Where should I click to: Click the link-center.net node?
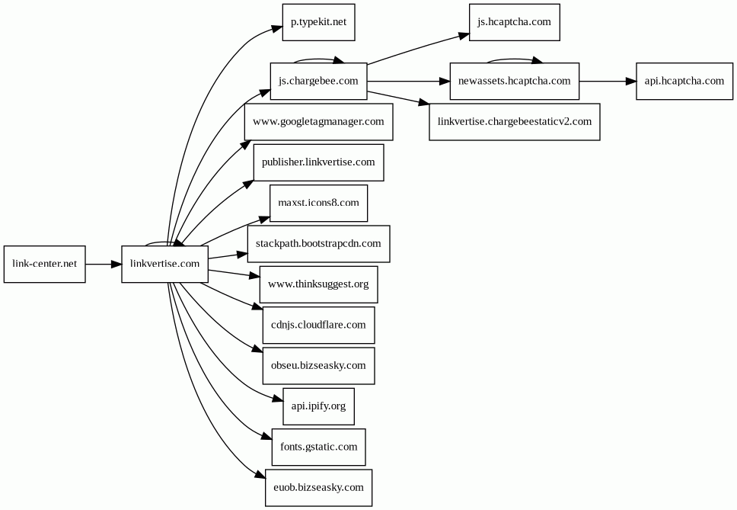(x=45, y=264)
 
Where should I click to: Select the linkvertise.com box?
(x=164, y=264)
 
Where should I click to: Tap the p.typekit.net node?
(x=319, y=22)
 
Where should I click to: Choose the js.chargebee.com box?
(x=319, y=81)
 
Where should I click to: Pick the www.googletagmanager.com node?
(x=319, y=121)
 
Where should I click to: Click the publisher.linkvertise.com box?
(x=319, y=162)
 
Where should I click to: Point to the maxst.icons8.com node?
(x=319, y=203)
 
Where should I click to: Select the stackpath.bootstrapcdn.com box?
(x=319, y=244)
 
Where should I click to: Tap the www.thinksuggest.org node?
(x=319, y=284)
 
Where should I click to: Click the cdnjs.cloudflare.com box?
(x=319, y=325)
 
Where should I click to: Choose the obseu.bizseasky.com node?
(x=319, y=366)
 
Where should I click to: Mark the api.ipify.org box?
(x=319, y=406)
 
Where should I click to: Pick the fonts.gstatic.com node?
(x=319, y=447)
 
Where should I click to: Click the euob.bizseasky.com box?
(x=319, y=488)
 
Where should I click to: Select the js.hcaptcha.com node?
(x=514, y=22)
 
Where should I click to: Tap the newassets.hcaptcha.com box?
(x=514, y=81)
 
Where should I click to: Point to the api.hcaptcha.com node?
(x=684, y=81)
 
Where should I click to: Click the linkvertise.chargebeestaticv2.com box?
(x=514, y=121)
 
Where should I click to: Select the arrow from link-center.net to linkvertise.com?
(x=104, y=264)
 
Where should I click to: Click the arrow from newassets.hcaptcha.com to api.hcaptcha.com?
(x=608, y=81)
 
